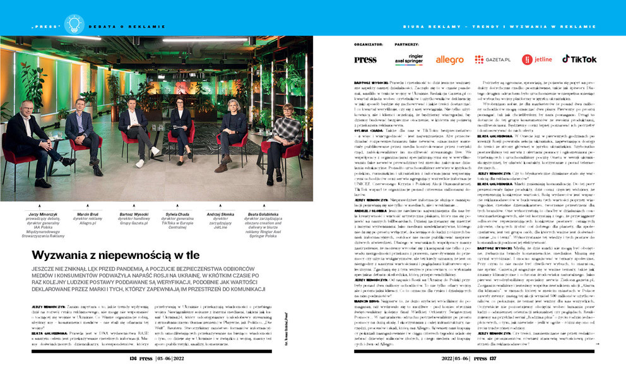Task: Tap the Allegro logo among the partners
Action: (449, 60)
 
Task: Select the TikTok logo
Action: (579, 59)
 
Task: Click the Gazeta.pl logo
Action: (492, 59)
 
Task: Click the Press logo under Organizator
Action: (365, 60)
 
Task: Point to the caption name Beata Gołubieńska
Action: (265, 214)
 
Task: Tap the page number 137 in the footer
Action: (492, 375)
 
